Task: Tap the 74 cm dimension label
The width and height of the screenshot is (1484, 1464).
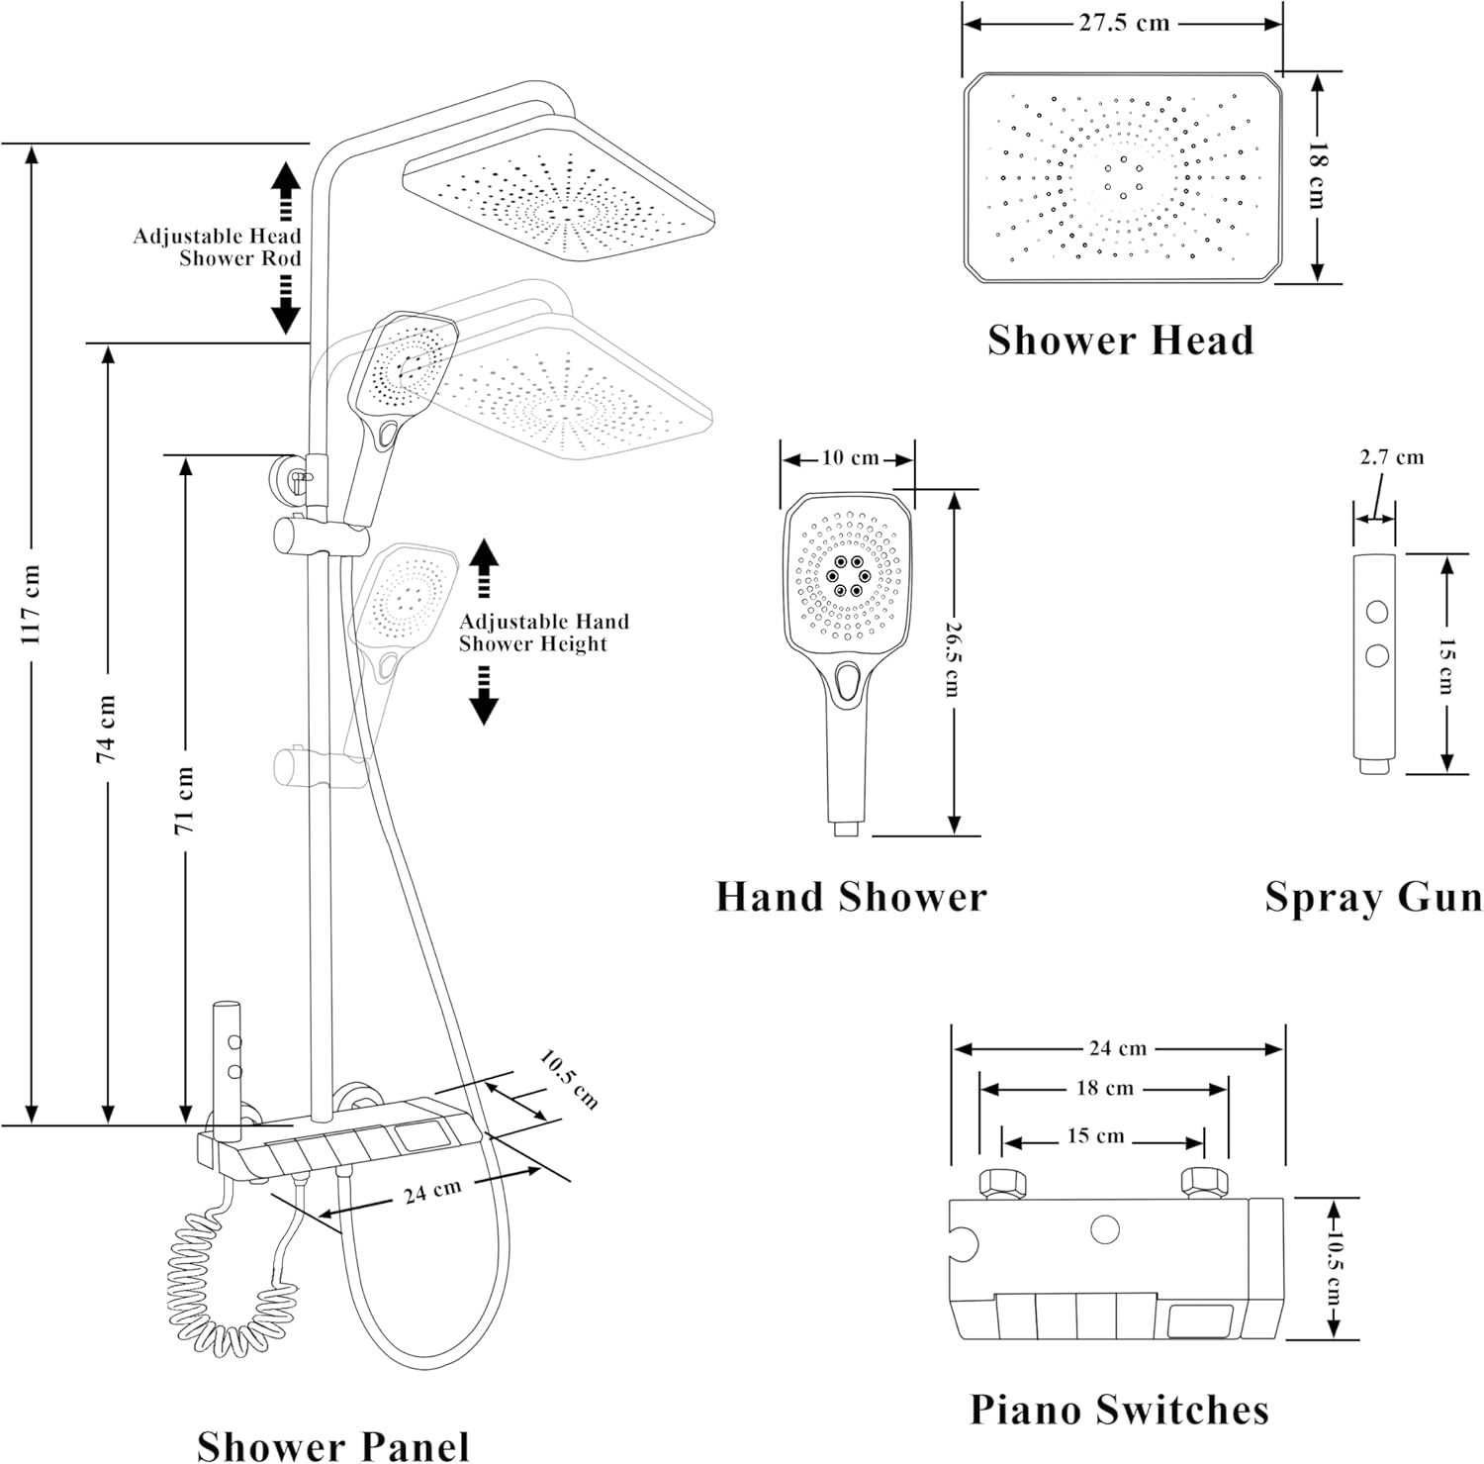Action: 106,728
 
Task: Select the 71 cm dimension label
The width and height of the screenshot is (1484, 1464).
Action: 184,800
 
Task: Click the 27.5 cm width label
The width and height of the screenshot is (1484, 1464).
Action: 1124,23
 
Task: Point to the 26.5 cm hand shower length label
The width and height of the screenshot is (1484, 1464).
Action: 952,658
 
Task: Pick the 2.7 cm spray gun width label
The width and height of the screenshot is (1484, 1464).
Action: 1391,457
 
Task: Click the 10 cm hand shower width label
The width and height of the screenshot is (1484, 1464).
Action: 850,457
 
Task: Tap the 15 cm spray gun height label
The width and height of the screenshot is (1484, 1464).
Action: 1446,665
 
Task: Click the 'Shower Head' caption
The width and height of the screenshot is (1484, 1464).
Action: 1120,340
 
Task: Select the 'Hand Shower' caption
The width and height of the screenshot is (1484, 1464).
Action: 851,897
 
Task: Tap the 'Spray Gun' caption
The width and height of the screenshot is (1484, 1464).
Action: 1373,897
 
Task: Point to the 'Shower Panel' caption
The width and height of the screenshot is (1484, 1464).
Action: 332,1444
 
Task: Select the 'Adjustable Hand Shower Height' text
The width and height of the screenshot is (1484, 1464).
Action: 542,633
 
